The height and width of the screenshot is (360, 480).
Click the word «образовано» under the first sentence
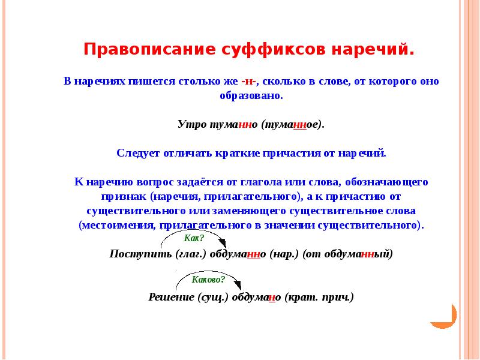(x=251, y=96)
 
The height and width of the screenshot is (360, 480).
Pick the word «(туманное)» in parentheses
(x=293, y=124)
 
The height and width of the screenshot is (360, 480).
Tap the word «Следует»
(x=138, y=153)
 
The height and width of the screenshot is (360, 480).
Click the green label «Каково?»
(x=208, y=280)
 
